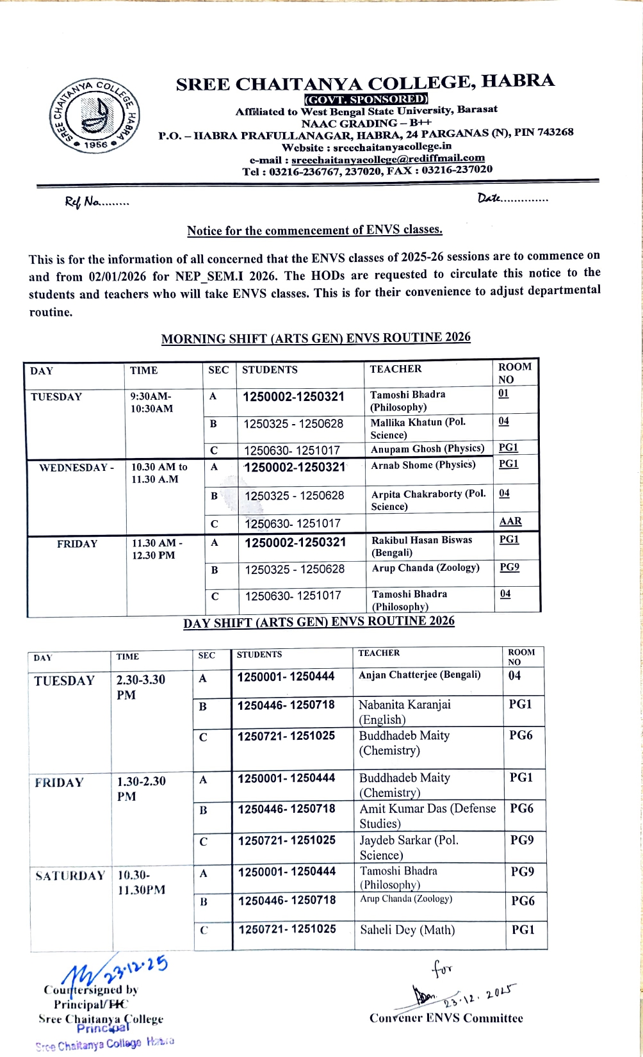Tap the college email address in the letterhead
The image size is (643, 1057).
point(387,158)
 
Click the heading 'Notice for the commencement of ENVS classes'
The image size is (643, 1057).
point(314,230)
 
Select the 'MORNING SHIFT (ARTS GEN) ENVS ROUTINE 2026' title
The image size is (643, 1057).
point(316,338)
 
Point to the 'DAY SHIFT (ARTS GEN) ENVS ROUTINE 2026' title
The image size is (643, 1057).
point(319,622)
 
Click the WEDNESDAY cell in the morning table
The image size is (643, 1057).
point(76,468)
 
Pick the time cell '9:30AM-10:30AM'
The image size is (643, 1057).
point(151,402)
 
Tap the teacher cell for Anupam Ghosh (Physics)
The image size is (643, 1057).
point(427,449)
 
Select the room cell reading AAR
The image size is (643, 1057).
point(510,521)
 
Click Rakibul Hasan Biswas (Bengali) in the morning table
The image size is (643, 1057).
point(422,546)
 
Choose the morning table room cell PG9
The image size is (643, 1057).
point(509,567)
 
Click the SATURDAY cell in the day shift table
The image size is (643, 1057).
point(70,876)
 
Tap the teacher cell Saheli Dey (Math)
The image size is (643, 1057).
point(407,930)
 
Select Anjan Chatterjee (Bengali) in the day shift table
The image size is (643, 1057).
point(419,675)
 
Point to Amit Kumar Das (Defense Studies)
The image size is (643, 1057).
point(427,815)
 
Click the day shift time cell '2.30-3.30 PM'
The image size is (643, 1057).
point(141,687)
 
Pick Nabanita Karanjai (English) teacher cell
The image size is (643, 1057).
point(405,712)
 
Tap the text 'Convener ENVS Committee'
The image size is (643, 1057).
point(446,1018)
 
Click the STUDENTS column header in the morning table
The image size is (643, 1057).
point(270,370)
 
